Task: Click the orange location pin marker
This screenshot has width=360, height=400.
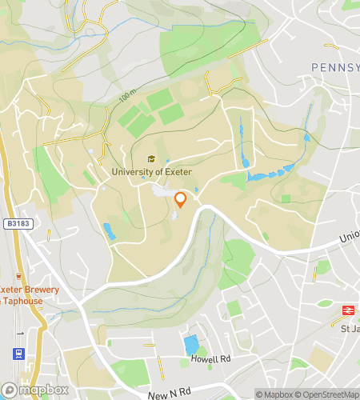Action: (181, 199)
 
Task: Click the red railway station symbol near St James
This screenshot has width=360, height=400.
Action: (349, 309)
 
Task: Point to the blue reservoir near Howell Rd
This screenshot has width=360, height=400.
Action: (190, 346)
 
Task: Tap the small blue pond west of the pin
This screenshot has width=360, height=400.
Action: (108, 231)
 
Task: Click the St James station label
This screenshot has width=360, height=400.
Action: (347, 327)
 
